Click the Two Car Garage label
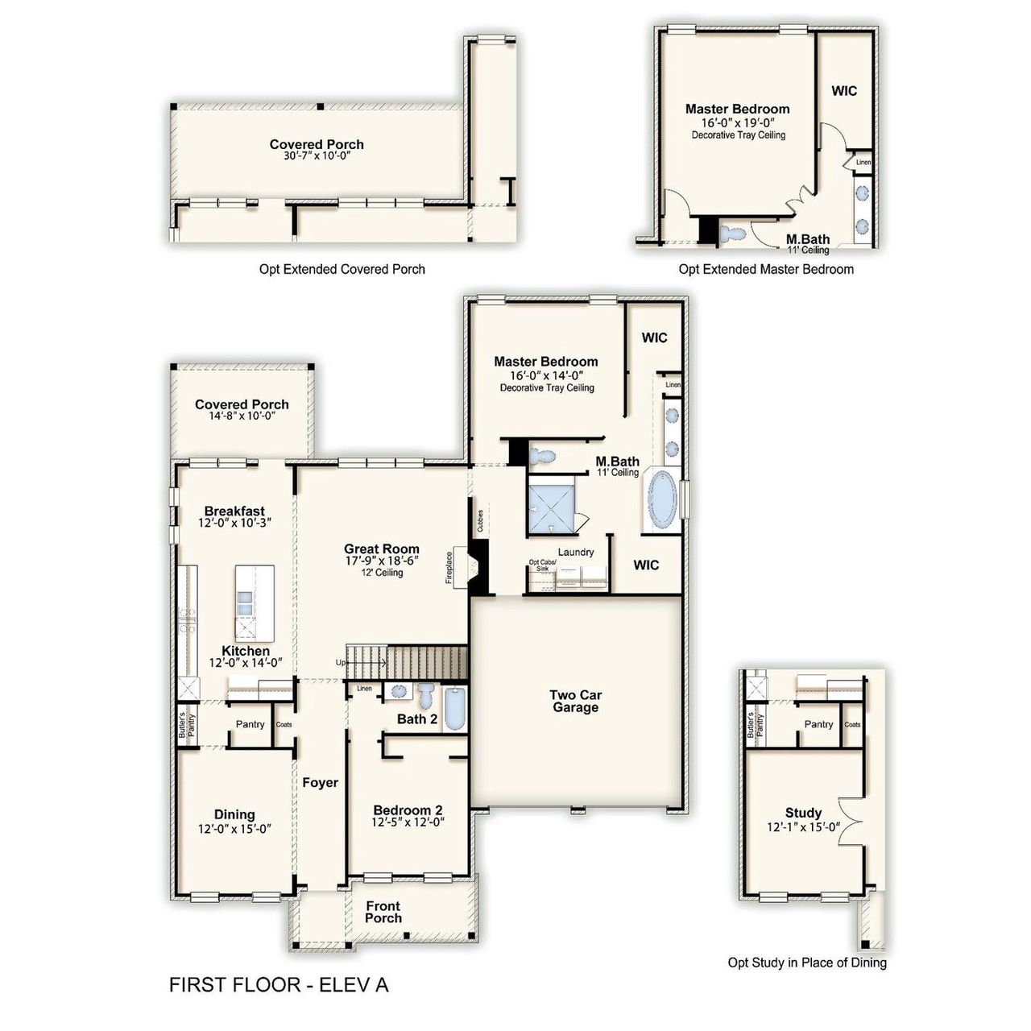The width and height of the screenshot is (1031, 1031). click(575, 701)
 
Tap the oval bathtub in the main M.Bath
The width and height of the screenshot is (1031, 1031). click(663, 499)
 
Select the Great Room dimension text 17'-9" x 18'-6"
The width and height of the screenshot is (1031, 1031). click(382, 561)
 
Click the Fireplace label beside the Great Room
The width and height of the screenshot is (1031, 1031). click(449, 567)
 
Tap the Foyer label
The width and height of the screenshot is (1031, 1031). click(320, 783)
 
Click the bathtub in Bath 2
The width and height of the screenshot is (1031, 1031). click(454, 709)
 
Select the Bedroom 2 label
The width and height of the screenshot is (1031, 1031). click(408, 810)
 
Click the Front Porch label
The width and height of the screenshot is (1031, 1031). click(383, 912)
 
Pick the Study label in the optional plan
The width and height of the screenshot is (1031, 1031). click(803, 813)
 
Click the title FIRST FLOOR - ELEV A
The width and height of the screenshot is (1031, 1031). click(279, 985)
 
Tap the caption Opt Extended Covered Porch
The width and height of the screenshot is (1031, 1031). click(342, 269)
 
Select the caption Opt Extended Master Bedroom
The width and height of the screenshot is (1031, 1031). click(765, 269)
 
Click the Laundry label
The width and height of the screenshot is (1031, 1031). click(575, 552)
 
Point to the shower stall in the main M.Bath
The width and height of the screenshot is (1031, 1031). click(553, 505)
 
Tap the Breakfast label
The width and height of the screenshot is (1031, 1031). click(234, 511)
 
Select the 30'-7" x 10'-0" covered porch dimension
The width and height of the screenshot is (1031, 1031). click(317, 156)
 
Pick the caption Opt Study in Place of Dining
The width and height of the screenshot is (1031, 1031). click(806, 963)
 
